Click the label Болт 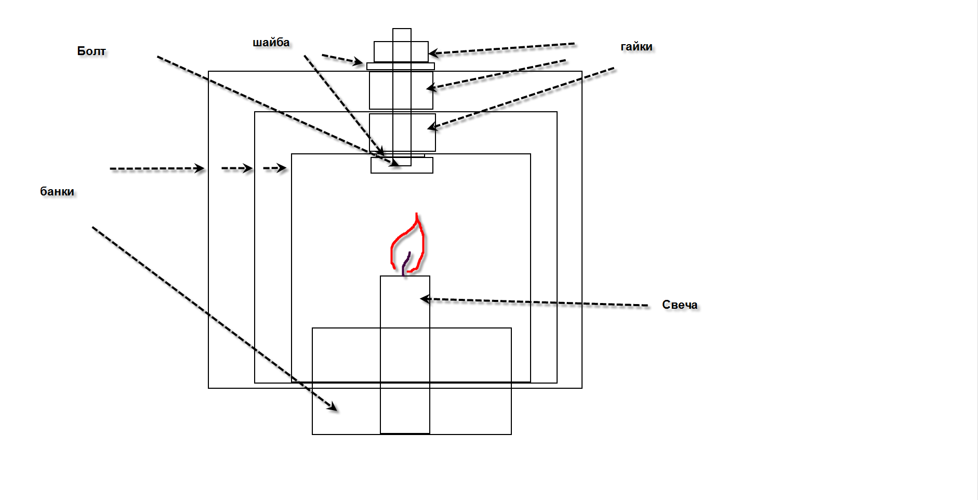91,51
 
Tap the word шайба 271,43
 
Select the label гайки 636,47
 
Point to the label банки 57,191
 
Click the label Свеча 679,305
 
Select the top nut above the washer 401,52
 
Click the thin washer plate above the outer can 401,67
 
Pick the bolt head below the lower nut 402,166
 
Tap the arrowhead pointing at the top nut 433,52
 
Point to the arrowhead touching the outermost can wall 200,168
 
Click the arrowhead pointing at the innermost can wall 282,168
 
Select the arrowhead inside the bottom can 333,407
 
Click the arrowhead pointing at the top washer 358,62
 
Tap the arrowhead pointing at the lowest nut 431,126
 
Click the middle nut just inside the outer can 401,90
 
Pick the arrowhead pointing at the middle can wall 248,168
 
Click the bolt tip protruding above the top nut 402,35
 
